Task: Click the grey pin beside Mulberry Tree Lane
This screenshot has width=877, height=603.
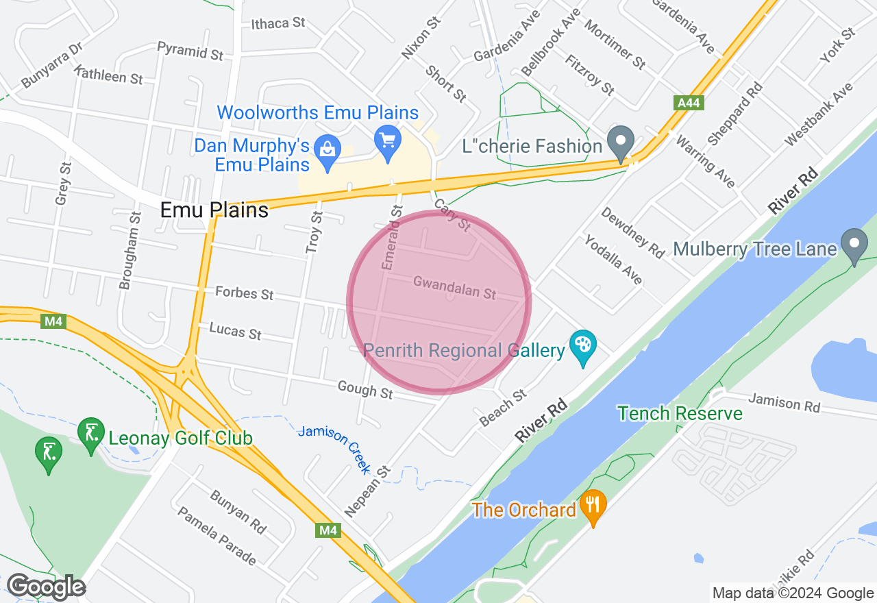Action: [854, 245]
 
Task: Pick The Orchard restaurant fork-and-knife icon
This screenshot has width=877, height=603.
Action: [593, 506]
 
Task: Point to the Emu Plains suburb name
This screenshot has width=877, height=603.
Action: [214, 210]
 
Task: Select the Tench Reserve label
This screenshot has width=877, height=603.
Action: [680, 413]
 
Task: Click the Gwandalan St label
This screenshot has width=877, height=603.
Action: [454, 288]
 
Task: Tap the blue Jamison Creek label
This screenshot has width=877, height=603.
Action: [335, 449]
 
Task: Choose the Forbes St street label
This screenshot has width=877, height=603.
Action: [245, 293]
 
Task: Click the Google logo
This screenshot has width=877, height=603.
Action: [46, 587]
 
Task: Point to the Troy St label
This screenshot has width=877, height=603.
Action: [314, 232]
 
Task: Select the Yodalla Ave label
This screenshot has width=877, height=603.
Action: [613, 259]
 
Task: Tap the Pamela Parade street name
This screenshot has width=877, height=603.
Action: [217, 536]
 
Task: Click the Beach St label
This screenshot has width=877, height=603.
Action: [504, 408]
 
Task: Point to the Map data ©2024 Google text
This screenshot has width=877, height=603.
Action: [793, 593]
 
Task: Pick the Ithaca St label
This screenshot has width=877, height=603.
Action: [278, 23]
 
